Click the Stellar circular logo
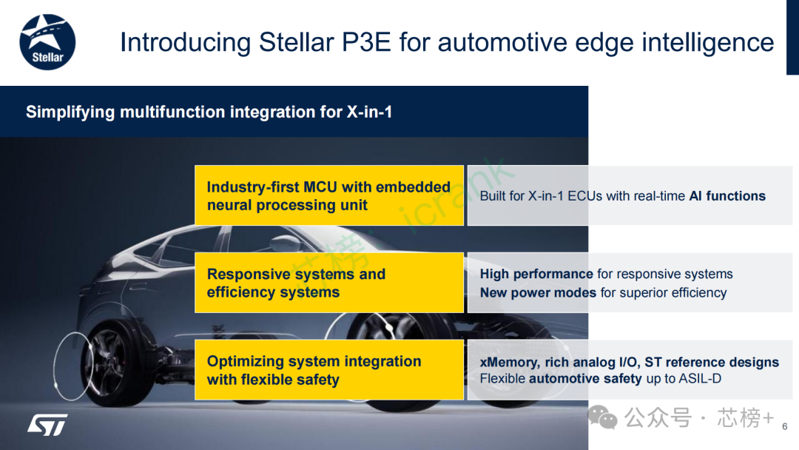coord(47,41)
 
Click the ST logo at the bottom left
coord(47,424)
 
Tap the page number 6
coord(784,426)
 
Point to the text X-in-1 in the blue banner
coord(369,113)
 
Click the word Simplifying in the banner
coord(70,113)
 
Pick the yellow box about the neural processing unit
coord(328,195)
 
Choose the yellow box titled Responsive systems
coord(328,283)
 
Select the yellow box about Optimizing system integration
coord(328,370)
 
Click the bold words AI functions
coord(726,196)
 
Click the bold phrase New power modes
coord(538,292)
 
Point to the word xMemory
coord(509,363)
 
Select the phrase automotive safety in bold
coord(585,379)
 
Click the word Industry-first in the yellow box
coord(253,187)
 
